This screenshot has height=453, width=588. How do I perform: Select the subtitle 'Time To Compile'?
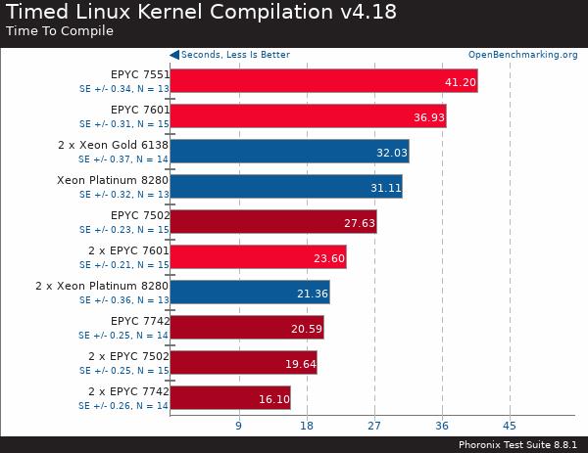click(x=60, y=31)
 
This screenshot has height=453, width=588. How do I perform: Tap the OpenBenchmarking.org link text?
click(x=522, y=55)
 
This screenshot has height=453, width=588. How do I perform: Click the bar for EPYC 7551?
click(x=323, y=81)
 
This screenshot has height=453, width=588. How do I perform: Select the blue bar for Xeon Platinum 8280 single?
click(x=285, y=187)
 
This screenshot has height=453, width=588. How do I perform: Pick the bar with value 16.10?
click(x=229, y=398)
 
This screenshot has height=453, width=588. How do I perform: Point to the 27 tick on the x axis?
click(x=373, y=426)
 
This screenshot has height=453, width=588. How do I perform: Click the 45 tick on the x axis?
click(x=509, y=426)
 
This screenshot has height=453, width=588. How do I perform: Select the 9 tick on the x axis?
click(x=238, y=426)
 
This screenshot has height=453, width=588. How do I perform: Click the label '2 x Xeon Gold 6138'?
click(x=114, y=145)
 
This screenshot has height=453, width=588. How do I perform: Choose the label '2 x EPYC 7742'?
click(x=128, y=391)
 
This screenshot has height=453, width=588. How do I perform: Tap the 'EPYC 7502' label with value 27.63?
click(x=140, y=215)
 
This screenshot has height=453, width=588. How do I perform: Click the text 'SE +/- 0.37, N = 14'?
click(x=123, y=159)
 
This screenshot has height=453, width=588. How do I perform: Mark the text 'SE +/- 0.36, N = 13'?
click(x=123, y=299)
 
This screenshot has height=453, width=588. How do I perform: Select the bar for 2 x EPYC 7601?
click(x=258, y=257)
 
